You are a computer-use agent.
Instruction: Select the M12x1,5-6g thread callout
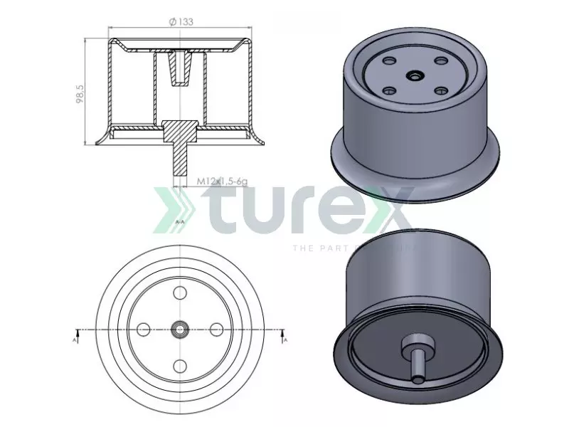[x=221, y=182]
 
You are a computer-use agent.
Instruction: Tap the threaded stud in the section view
[x=180, y=161]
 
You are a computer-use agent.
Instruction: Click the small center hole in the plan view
[x=180, y=329]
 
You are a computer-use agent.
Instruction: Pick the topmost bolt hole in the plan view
[x=180, y=292]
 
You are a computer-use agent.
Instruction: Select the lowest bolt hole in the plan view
[x=180, y=366]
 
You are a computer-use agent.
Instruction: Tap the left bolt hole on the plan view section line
[x=143, y=329]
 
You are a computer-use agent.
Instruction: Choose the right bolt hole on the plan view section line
[x=217, y=329]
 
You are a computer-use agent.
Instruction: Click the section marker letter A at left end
[x=76, y=341]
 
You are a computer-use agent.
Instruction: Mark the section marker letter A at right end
[x=284, y=341]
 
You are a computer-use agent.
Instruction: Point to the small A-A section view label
[x=180, y=222]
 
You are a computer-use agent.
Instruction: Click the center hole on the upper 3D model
[x=414, y=75]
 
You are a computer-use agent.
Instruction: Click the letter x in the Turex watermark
[x=388, y=208]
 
